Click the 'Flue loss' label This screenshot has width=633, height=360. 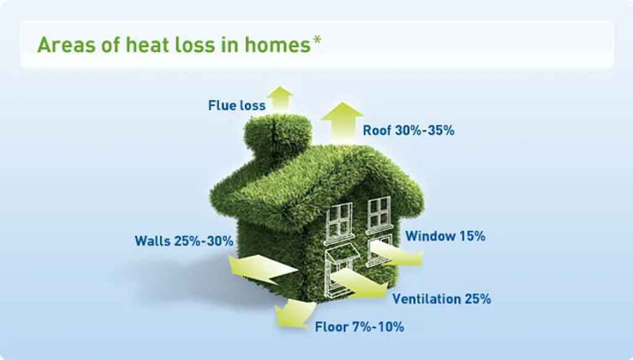coord(237,106)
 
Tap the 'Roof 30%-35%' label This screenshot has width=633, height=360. coord(409,131)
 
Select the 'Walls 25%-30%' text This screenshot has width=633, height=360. coord(184,241)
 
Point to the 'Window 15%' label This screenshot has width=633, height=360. coord(445,236)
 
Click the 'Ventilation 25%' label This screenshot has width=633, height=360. coord(442,299)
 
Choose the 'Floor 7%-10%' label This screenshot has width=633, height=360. coord(359,327)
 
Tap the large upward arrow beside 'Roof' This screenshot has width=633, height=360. coord(342,121)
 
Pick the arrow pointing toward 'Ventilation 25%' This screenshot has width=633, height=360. coord(362,283)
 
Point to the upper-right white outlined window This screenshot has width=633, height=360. coord(378,213)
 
